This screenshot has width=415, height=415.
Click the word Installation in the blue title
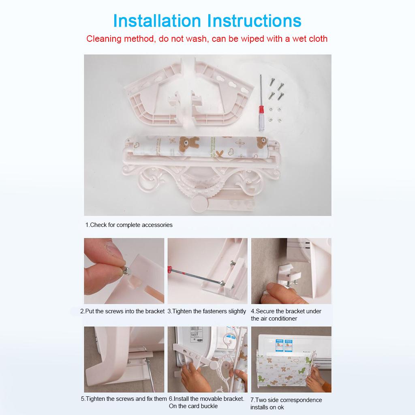pyautogui.click(x=157, y=21)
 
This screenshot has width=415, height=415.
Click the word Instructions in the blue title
pyautogui.click(x=254, y=21)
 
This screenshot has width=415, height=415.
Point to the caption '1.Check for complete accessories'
pyautogui.click(x=129, y=225)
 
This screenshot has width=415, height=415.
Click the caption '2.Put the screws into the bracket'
pyautogui.click(x=122, y=311)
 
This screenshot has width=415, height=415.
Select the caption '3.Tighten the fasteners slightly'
pyautogui.click(x=207, y=311)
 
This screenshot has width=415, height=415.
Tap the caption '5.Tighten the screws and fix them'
pyautogui.click(x=124, y=399)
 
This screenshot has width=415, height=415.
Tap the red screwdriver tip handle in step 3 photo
pyautogui.click(x=169, y=269)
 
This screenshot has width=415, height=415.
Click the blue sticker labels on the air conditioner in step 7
pyautogui.click(x=283, y=345)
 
